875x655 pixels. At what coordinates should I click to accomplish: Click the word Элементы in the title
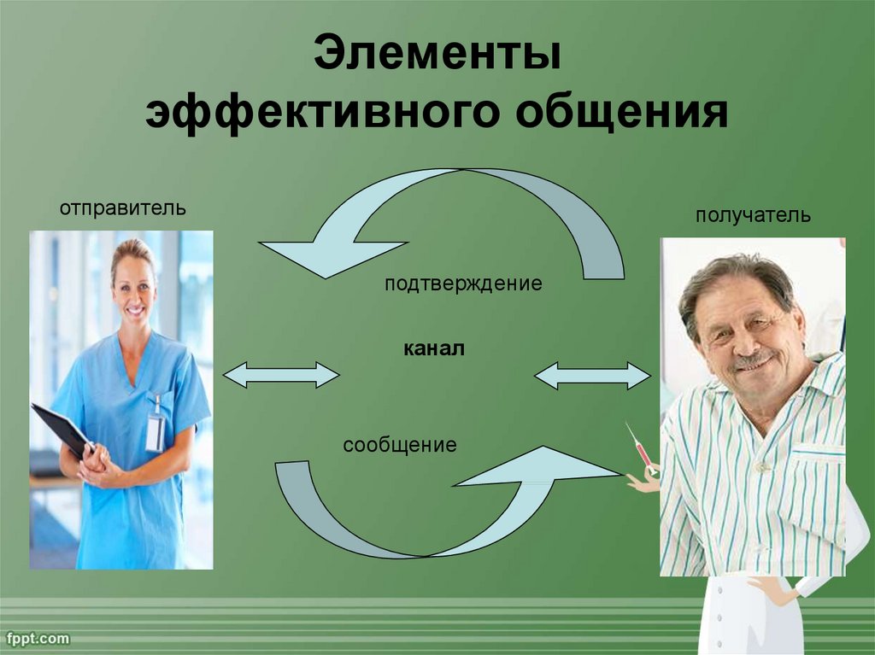(437, 52)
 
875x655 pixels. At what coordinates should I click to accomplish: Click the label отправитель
(123, 208)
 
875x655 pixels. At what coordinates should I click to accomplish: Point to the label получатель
(753, 215)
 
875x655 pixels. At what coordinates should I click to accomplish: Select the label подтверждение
(463, 284)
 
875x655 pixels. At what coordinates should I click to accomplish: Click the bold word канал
(433, 349)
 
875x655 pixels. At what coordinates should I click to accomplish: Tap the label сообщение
(400, 445)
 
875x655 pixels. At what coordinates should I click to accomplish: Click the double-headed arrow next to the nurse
(281, 374)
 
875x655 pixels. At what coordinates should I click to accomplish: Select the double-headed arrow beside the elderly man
(593, 376)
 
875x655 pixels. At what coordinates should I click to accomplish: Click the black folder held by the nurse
(62, 430)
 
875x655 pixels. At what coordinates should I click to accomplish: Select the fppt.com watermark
(36, 638)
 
